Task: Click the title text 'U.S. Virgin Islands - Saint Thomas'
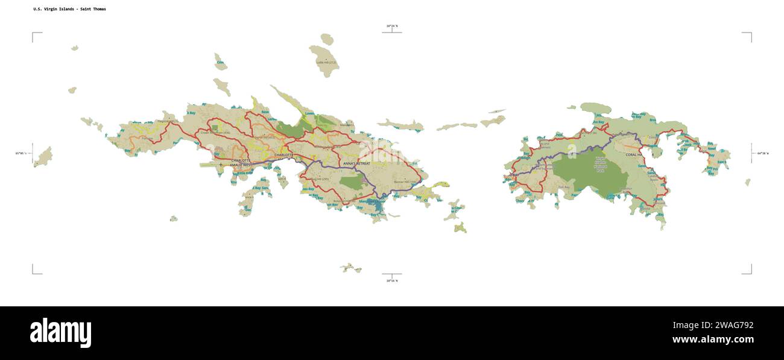(69, 9)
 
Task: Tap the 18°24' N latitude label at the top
(392, 26)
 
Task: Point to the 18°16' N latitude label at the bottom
(392, 280)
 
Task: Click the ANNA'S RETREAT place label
(356, 163)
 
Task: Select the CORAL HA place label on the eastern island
(635, 155)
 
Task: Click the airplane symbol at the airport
(221, 165)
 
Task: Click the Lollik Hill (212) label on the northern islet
(326, 62)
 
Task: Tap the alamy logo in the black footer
(60, 333)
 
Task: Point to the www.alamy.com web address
(713, 339)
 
